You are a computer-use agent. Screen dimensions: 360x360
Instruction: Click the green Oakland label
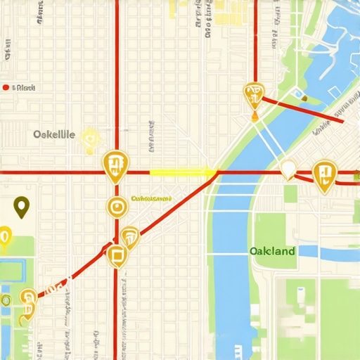272,251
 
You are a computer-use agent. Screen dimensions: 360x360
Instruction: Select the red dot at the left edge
6,88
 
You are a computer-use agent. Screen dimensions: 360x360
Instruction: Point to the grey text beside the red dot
25,88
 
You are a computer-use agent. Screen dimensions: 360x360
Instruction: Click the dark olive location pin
22,207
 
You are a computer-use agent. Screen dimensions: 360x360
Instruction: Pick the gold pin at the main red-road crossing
115,166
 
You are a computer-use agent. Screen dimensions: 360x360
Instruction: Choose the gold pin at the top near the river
253,93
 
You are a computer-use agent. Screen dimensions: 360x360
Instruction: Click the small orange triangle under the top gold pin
254,115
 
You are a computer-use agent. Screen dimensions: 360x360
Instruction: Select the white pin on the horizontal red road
288,169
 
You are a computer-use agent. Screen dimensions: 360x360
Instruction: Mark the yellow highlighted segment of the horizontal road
181,172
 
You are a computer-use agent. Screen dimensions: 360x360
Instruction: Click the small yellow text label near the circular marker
152,199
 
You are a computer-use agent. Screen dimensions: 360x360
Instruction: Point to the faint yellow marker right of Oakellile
89,139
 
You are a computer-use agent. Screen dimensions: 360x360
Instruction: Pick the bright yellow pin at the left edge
4,238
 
